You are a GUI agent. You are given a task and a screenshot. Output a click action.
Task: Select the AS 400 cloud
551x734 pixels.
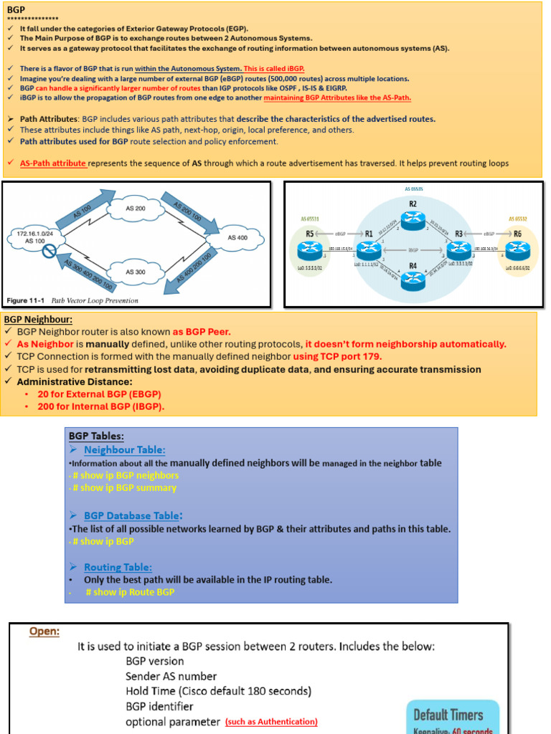point(237,237)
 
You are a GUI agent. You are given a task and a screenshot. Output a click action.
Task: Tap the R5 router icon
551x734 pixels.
point(309,250)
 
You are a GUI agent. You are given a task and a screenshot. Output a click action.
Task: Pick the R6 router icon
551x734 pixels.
point(517,250)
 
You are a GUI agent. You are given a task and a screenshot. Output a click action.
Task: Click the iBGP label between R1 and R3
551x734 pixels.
point(413,250)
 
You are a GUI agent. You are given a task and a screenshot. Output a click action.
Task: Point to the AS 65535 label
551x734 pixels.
point(415,189)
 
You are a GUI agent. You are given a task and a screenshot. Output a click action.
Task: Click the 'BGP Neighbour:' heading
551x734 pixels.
point(38,320)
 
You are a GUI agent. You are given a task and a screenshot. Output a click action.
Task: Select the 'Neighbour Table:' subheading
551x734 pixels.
point(124,450)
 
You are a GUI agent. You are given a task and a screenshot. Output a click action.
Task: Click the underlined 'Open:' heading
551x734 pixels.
point(44,631)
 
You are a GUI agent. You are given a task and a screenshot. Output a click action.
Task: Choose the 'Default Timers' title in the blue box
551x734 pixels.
point(448,714)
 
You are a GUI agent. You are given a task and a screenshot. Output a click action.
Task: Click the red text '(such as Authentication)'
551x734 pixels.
point(271,722)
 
